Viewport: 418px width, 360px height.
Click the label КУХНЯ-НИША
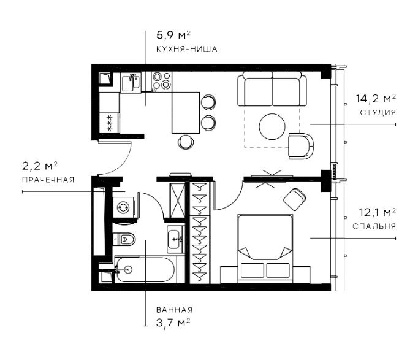click(x=186, y=49)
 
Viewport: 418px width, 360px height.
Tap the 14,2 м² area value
click(x=376, y=99)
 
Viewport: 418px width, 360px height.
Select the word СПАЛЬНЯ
click(x=374, y=226)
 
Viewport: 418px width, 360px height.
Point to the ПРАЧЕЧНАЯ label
click(x=48, y=180)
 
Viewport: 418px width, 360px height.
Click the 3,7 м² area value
click(x=173, y=323)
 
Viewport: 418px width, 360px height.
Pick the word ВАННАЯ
click(x=174, y=310)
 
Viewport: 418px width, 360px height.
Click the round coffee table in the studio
click(x=272, y=127)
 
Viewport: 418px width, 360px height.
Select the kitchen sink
click(x=131, y=83)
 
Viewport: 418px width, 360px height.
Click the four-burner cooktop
click(x=162, y=80)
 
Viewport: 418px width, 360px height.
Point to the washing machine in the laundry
click(x=123, y=207)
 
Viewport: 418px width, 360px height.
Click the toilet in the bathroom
click(x=124, y=239)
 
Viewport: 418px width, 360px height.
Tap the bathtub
click(x=145, y=270)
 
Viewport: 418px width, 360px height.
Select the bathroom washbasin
click(x=175, y=239)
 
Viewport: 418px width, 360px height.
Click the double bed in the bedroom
click(x=265, y=247)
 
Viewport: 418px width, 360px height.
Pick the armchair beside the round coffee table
click(x=301, y=146)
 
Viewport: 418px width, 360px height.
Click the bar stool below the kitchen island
click(x=185, y=142)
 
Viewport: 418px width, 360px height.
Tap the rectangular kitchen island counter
click(x=186, y=112)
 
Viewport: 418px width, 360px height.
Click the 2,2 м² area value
click(x=40, y=166)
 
